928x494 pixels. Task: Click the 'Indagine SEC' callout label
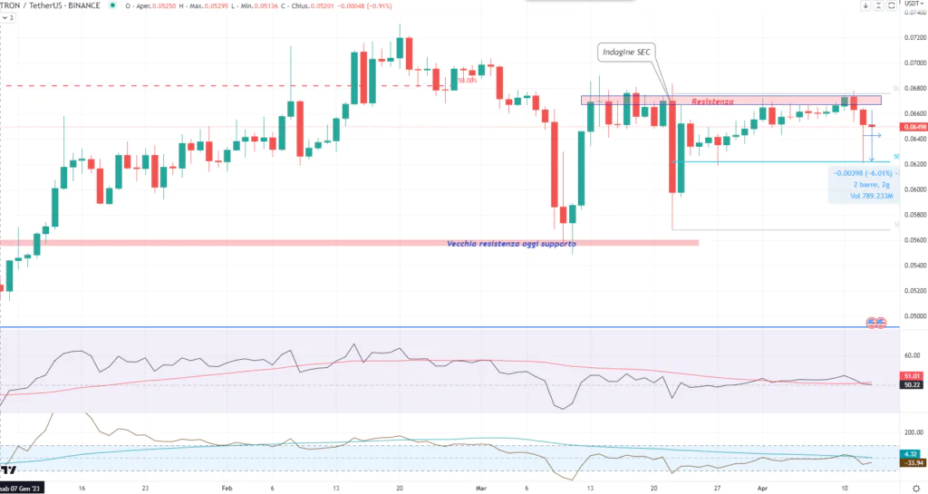[x=627, y=53]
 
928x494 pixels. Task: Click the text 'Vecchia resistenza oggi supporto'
[x=511, y=244]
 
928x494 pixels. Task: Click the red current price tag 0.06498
[x=913, y=127]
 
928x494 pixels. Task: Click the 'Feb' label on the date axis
[x=227, y=487]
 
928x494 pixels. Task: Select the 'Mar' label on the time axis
[x=482, y=487]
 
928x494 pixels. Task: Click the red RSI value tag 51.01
[x=912, y=375]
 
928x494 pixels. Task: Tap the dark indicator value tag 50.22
[x=912, y=385]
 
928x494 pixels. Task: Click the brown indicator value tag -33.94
[x=912, y=462]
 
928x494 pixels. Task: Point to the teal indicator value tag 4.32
[x=912, y=453]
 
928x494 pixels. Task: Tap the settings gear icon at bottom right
[x=915, y=487]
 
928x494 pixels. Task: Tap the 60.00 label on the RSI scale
[x=912, y=355]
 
